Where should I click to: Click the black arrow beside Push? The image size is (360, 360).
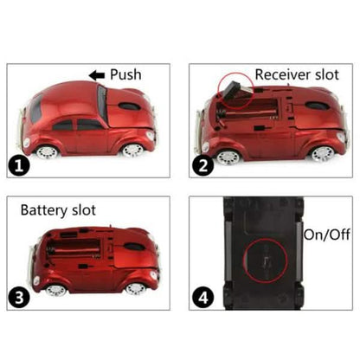(x=97, y=75)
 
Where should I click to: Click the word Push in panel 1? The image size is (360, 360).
(x=125, y=74)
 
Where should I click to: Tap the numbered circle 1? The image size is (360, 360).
(x=19, y=166)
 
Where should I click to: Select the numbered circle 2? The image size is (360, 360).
(x=203, y=166)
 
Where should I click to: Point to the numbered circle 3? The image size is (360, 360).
(x=19, y=298)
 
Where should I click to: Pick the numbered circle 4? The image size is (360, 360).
(x=203, y=298)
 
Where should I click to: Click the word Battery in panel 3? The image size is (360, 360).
(x=44, y=210)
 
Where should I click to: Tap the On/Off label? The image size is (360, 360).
(x=327, y=235)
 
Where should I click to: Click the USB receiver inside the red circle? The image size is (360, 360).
(x=233, y=90)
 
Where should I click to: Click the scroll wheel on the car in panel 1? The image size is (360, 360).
(x=129, y=106)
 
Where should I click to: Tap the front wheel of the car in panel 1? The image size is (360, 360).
(x=133, y=151)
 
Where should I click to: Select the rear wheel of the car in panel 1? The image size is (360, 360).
(x=47, y=151)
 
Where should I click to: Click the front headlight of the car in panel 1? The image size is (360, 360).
(x=151, y=136)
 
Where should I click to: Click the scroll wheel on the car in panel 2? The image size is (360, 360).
(x=318, y=105)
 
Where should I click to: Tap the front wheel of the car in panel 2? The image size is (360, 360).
(x=324, y=154)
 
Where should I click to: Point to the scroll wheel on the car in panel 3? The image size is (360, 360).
(x=133, y=247)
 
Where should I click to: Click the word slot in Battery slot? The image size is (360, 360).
(x=84, y=209)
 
